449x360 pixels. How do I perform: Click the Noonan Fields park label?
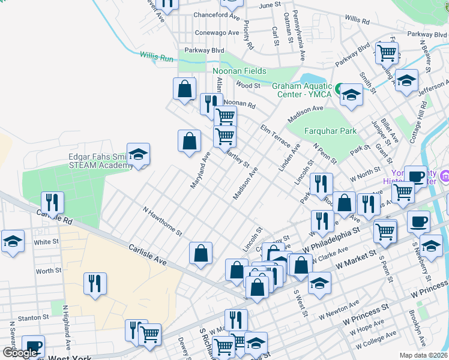pyautogui.click(x=240, y=71)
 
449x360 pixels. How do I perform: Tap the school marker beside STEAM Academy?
pyautogui.click(x=138, y=155)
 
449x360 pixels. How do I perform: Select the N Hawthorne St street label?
pyautogui.click(x=161, y=221)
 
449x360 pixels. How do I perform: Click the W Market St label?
pyautogui.click(x=355, y=260)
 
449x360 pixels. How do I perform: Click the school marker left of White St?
pyautogui.click(x=13, y=242)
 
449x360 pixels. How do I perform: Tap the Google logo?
pyautogui.click(x=19, y=353)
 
